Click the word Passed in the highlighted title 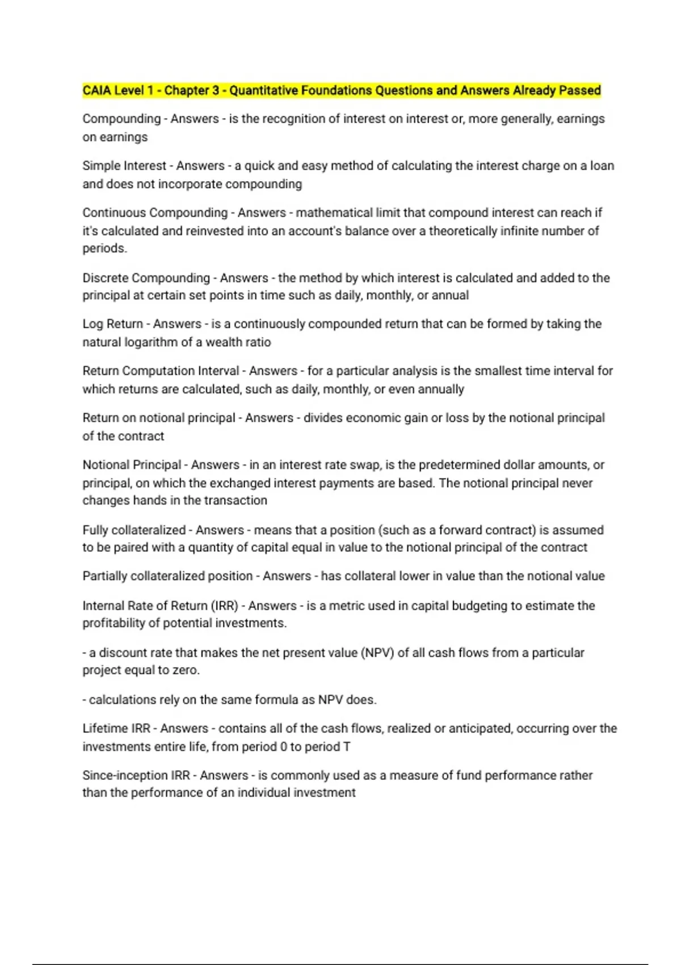point(579,90)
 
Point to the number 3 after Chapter point(216,90)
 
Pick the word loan point(602,166)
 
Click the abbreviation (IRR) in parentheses point(224,606)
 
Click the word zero point(186,670)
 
